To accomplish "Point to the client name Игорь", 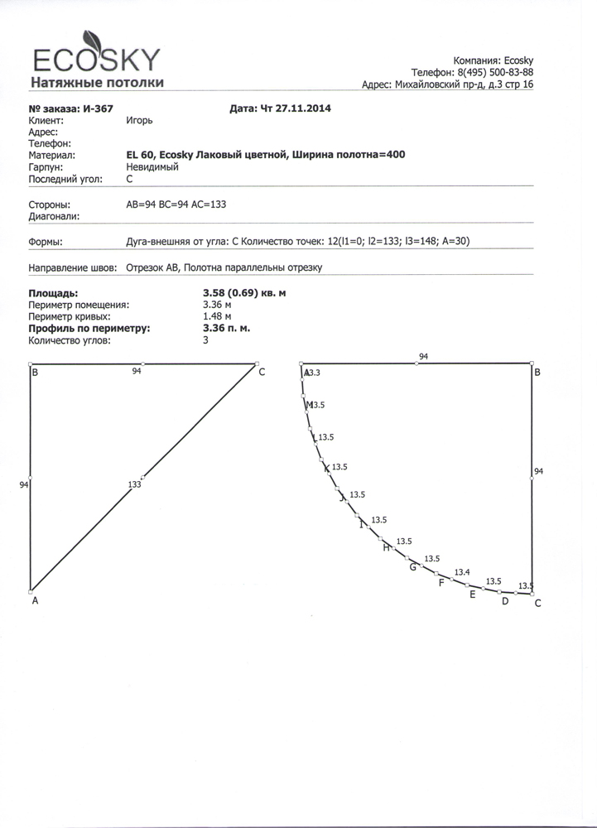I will tap(138, 120).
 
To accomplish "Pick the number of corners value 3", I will tap(205, 339).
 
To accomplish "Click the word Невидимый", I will tap(152, 166).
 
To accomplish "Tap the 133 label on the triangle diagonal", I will tap(135, 484).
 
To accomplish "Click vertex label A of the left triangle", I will tap(35, 602).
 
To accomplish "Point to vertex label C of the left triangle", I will tap(262, 373).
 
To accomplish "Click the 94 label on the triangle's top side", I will tap(137, 372).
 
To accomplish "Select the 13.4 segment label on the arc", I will tap(462, 573).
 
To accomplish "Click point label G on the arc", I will tap(412, 566).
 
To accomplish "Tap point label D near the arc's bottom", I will tap(505, 601).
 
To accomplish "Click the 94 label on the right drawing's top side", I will tap(423, 356).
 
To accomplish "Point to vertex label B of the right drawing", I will tap(537, 373).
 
